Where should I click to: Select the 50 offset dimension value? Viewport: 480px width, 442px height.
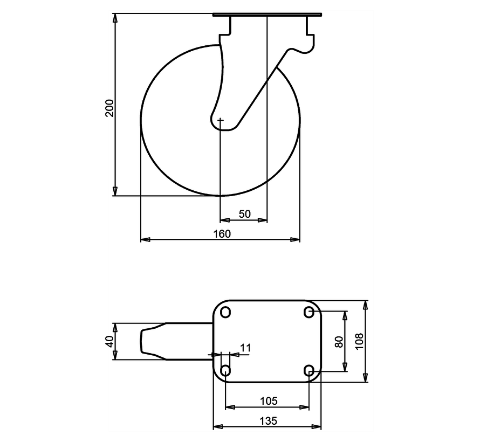point(244,214)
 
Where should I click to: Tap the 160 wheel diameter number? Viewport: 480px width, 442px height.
point(222,233)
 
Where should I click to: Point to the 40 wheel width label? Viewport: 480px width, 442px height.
point(109,341)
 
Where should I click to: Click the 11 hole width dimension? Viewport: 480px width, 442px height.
point(245,348)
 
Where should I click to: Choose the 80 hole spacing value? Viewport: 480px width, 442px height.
point(339,342)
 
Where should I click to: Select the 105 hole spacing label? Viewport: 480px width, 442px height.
point(268,400)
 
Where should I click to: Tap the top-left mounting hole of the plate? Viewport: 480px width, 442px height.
point(225,312)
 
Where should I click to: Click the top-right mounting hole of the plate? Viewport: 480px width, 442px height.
point(309,312)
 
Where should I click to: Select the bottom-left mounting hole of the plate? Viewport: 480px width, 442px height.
point(225,370)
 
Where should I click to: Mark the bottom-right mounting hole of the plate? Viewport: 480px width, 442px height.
point(309,370)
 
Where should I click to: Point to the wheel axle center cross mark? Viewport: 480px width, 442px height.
point(221,120)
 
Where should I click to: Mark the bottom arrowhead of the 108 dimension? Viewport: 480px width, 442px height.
point(366,378)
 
